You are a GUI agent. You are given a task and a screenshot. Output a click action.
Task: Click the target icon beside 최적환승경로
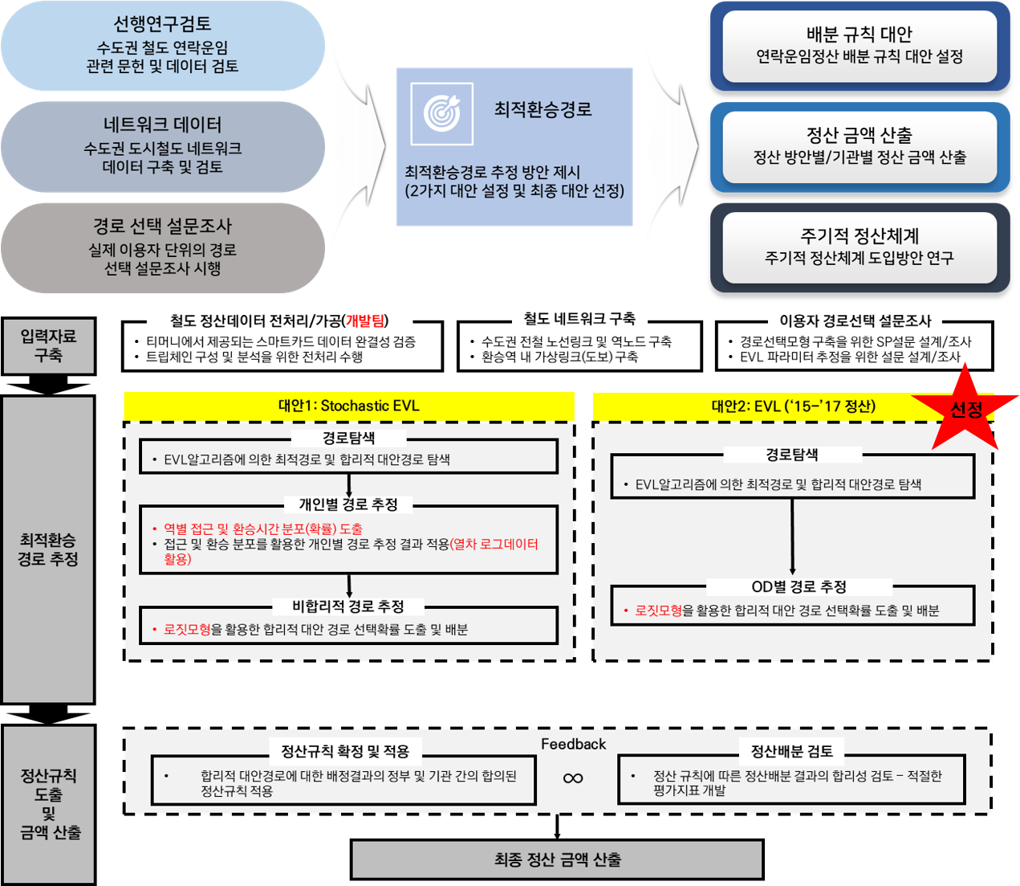click(x=441, y=112)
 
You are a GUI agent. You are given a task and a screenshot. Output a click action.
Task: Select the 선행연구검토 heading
click(x=162, y=24)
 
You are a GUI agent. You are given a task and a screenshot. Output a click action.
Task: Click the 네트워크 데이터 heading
click(x=162, y=125)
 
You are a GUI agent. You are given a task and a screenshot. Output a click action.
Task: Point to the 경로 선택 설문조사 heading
click(x=162, y=227)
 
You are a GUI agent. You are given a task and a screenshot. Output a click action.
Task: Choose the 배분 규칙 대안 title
click(x=859, y=35)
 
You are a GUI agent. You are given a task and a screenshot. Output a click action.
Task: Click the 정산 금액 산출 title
click(x=859, y=135)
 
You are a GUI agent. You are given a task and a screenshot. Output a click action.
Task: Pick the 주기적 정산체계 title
click(x=859, y=236)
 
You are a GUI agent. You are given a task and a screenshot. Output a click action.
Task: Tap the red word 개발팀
click(x=364, y=321)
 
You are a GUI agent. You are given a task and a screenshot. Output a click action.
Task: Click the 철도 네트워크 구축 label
click(x=579, y=319)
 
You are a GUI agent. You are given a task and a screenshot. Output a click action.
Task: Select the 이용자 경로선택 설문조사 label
click(x=855, y=321)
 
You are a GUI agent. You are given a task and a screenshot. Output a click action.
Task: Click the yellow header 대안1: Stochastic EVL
click(x=348, y=406)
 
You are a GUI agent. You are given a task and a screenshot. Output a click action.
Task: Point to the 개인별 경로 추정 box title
click(x=348, y=504)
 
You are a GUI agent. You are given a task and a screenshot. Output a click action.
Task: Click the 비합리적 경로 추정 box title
click(x=348, y=606)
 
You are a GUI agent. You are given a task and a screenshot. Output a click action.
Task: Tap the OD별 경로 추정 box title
click(x=799, y=587)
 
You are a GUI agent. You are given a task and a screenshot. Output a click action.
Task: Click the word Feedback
click(x=573, y=745)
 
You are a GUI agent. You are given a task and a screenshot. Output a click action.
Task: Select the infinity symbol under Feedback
click(x=573, y=778)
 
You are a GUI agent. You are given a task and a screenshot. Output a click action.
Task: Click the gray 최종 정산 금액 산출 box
click(x=557, y=860)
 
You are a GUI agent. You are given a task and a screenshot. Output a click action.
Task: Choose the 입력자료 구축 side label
click(x=48, y=346)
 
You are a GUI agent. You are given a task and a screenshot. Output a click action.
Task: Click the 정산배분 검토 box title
click(x=791, y=752)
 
